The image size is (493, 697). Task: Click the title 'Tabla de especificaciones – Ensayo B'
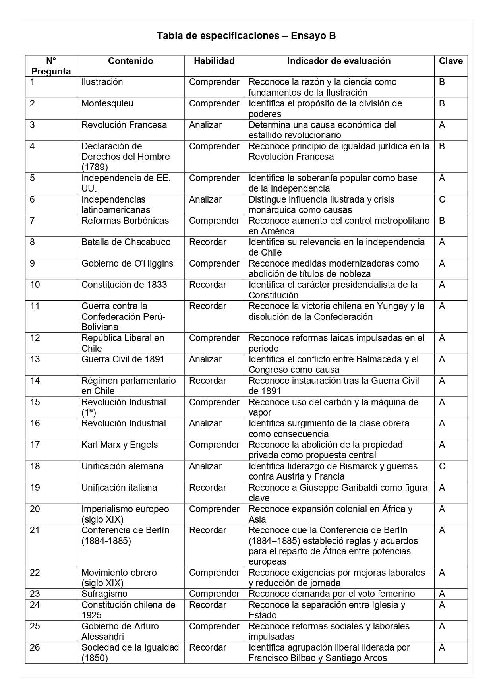[x=246, y=36]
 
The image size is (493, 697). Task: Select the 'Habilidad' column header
[x=214, y=61]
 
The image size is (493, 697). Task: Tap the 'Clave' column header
[x=450, y=61]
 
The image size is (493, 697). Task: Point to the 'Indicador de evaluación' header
[x=338, y=61]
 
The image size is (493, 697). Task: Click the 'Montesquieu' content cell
[x=107, y=104]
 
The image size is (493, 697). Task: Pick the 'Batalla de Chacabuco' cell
[x=126, y=242]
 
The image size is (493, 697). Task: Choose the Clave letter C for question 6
[x=442, y=199]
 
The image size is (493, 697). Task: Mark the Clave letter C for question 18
[x=442, y=466]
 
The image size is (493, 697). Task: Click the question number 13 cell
[x=35, y=360]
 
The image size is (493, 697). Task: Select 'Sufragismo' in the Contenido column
[x=104, y=594]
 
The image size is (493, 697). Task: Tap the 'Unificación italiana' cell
[x=119, y=488]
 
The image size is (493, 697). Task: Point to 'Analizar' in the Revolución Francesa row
[x=205, y=125]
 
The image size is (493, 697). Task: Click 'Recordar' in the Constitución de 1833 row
[x=207, y=285]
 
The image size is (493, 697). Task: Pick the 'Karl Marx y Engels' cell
[x=120, y=445]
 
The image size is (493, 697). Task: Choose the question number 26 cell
[x=35, y=648]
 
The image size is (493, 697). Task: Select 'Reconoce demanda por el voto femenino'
[x=332, y=594]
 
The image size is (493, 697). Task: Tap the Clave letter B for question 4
[x=442, y=147]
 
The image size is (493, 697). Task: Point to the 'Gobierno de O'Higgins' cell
[x=127, y=264]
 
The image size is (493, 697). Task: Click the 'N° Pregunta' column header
[x=51, y=66]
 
